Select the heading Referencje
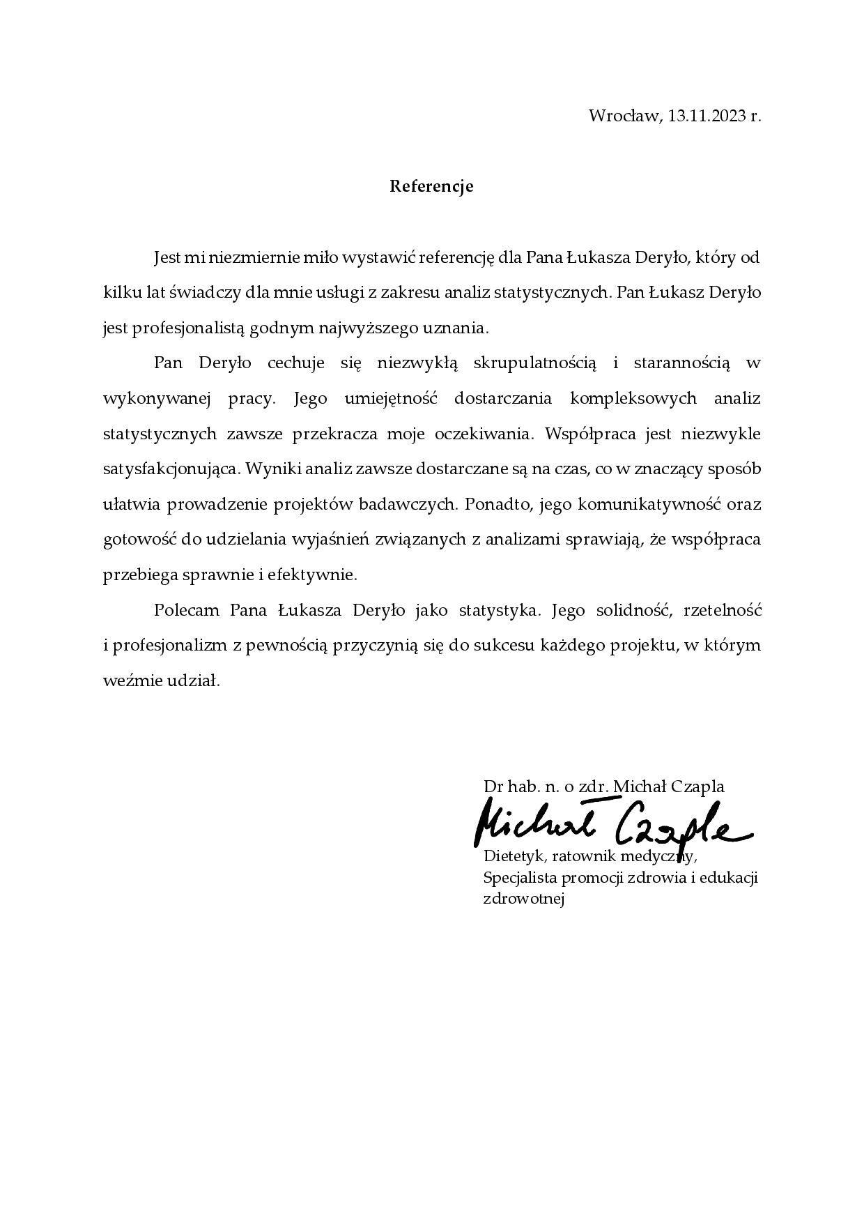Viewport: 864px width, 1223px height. [431, 187]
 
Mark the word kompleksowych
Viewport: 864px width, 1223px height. [633, 399]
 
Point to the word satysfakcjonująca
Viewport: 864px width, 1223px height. [171, 469]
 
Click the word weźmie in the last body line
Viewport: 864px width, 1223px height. [132, 681]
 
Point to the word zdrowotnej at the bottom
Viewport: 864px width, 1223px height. [523, 899]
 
